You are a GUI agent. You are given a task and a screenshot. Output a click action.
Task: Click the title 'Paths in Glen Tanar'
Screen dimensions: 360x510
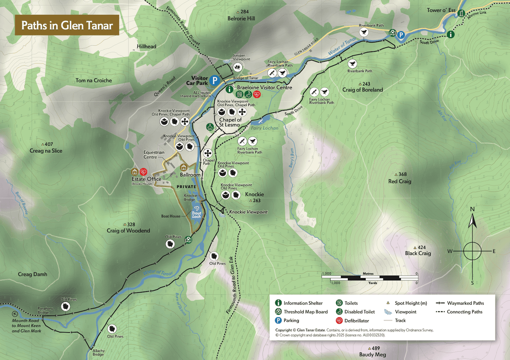click(x=67, y=25)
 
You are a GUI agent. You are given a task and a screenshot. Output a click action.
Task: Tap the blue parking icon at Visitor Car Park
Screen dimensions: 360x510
click(x=215, y=80)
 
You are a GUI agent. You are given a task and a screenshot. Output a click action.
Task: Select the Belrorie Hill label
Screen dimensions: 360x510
click(x=241, y=18)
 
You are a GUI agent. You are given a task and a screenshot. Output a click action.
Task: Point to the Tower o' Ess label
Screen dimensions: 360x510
click(x=441, y=10)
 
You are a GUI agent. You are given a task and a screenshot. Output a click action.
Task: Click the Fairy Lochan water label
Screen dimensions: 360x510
click(x=265, y=128)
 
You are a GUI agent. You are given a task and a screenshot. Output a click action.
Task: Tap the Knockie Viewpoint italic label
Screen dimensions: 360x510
click(x=248, y=212)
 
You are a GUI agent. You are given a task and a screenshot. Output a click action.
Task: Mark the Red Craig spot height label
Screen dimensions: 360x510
click(x=400, y=181)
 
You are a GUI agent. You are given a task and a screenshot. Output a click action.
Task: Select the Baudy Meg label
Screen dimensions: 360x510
click(x=373, y=354)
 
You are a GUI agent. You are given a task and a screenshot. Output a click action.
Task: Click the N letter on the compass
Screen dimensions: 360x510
click(x=472, y=209)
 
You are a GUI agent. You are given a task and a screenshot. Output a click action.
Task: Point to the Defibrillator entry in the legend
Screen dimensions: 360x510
click(x=357, y=321)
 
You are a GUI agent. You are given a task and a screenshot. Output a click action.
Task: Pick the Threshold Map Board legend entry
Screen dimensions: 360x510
click(x=306, y=312)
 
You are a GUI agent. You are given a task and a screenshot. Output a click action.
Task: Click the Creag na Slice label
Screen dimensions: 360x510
click(x=46, y=151)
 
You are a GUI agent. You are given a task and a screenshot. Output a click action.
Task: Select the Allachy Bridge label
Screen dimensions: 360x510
click(x=98, y=353)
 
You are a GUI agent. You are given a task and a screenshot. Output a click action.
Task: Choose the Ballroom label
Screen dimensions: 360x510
click(x=190, y=175)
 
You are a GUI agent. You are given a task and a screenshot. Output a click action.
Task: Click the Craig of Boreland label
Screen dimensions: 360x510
click(x=363, y=90)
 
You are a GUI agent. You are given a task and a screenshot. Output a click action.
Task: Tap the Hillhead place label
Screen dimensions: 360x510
click(x=147, y=46)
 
